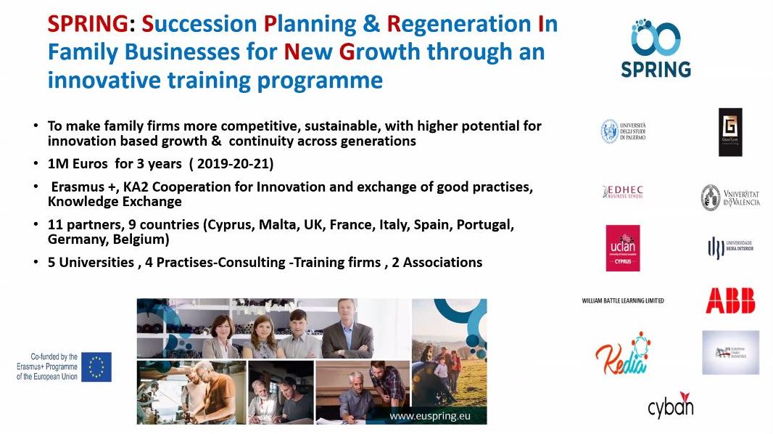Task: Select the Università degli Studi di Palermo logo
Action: (623, 131)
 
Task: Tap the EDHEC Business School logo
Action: (623, 192)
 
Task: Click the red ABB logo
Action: (730, 300)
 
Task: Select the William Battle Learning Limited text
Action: (623, 300)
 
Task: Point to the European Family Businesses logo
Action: (730, 353)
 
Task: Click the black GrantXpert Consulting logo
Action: (729, 132)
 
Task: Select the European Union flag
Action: (96, 367)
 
